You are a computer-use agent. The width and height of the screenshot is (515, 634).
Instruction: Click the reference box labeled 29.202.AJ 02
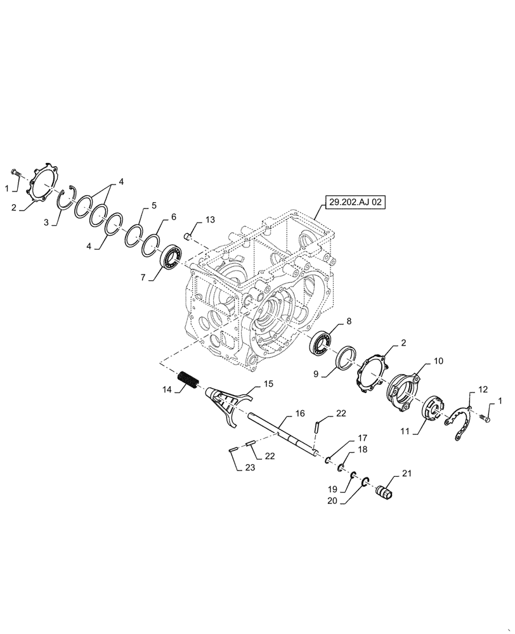(x=356, y=203)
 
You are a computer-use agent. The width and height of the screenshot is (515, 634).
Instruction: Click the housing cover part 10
(x=401, y=387)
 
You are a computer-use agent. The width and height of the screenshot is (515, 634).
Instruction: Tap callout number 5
(x=153, y=206)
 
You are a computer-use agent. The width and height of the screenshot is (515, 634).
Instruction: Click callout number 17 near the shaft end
(x=362, y=438)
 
